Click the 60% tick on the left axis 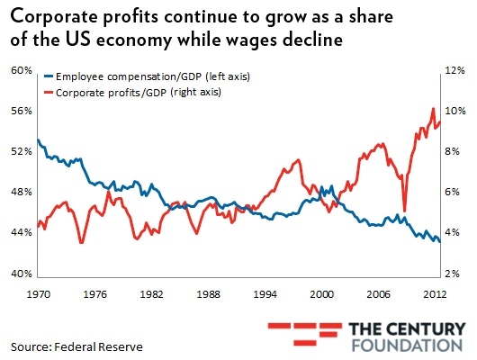tap(22, 70)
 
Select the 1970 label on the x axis tap(39, 293)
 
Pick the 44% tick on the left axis tap(22, 232)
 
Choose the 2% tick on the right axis tap(454, 273)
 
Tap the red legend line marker tap(48, 93)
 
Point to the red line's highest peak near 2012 tap(434, 108)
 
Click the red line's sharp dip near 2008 tap(404, 211)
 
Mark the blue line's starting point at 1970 tap(39, 139)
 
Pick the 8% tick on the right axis tap(454, 151)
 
